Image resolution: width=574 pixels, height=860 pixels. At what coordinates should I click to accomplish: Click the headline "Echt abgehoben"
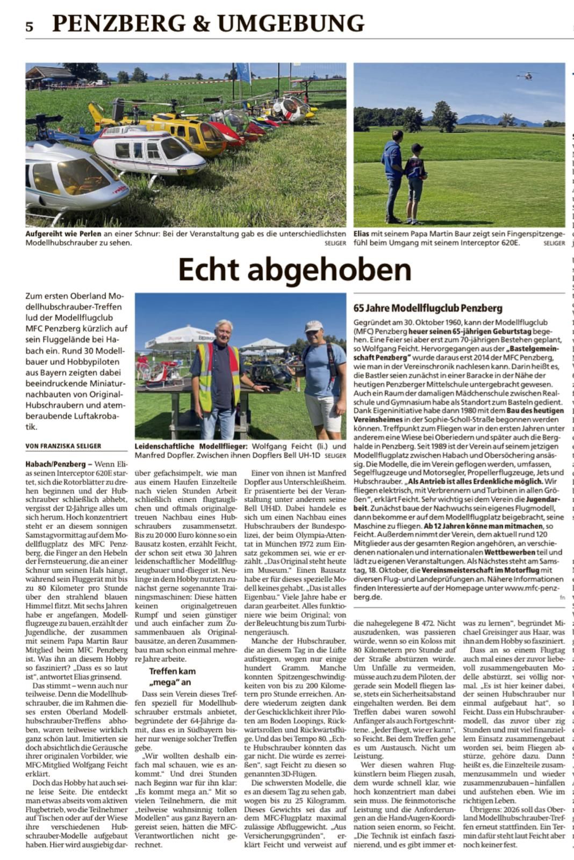295,270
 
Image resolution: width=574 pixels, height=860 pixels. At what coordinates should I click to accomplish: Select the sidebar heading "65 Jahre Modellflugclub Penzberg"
428,308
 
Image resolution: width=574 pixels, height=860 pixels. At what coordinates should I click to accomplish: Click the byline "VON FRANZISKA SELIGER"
63,446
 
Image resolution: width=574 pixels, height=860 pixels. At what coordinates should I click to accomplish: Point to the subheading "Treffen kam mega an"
172,677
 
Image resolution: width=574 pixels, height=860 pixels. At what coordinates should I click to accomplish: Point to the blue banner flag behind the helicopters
243,73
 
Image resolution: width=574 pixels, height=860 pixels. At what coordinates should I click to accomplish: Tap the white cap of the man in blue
313,326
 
